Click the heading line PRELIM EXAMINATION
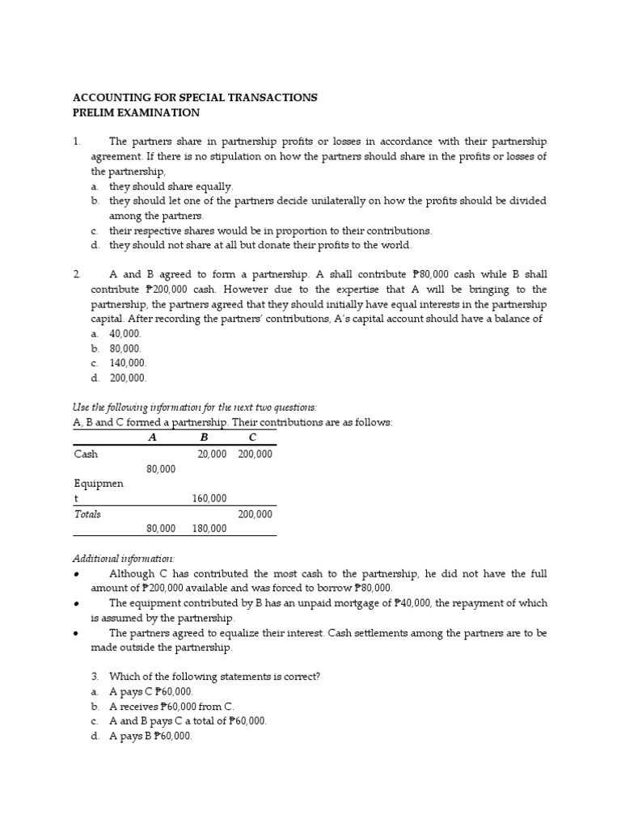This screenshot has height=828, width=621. pyautogui.click(x=136, y=112)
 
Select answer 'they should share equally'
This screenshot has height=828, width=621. pyautogui.click(x=171, y=186)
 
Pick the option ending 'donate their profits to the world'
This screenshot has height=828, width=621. pyautogui.click(x=260, y=245)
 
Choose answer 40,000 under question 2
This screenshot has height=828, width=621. pyautogui.click(x=125, y=333)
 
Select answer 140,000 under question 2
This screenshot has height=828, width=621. pyautogui.click(x=128, y=363)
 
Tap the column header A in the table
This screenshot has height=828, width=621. pyautogui.click(x=152, y=437)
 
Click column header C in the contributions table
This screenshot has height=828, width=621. pyautogui.click(x=252, y=437)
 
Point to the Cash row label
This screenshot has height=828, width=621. pyautogui.click(x=86, y=454)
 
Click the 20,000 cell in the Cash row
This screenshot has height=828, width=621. pyautogui.click(x=212, y=454)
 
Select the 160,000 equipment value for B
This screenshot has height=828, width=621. pyautogui.click(x=209, y=498)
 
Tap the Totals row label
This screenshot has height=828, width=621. pyautogui.click(x=87, y=513)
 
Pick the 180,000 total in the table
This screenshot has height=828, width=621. pyautogui.click(x=209, y=528)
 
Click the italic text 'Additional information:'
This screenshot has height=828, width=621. pyautogui.click(x=124, y=559)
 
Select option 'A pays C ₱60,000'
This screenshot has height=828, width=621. pyautogui.click(x=151, y=691)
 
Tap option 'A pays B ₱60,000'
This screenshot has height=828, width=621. pyautogui.click(x=150, y=736)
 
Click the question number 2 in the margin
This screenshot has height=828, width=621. pyautogui.click(x=76, y=275)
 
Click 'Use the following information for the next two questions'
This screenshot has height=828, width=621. pyautogui.click(x=195, y=408)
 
